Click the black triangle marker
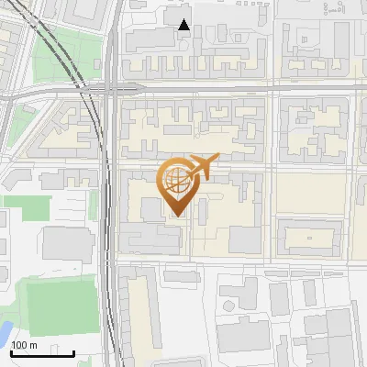tap(184, 25)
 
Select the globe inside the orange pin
tap(175, 178)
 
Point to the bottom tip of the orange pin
tap(175, 216)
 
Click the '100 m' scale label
tap(25, 345)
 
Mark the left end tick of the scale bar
tap(11, 352)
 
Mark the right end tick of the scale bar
tap(74, 352)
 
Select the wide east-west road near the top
tap(229, 89)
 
